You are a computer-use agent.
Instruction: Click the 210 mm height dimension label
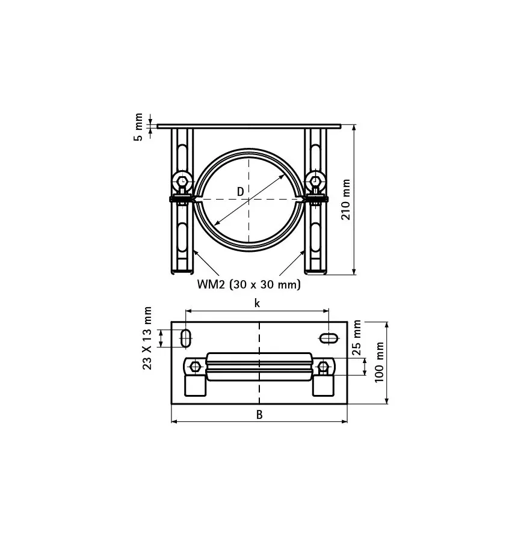point(347,200)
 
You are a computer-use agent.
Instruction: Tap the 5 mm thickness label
point(139,127)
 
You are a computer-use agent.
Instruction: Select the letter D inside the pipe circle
point(240,192)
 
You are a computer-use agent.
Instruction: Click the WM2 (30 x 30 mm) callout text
point(248,284)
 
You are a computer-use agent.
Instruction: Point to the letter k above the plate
point(257,303)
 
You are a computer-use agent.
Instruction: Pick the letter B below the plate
point(259,414)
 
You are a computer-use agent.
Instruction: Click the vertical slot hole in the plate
point(186,337)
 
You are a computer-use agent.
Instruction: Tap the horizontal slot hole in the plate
point(329,338)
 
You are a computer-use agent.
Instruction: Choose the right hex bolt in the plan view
point(324,366)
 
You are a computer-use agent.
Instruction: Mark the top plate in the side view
point(248,126)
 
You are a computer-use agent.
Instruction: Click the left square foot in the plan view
point(195,385)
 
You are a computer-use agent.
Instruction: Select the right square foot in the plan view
point(322,385)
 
